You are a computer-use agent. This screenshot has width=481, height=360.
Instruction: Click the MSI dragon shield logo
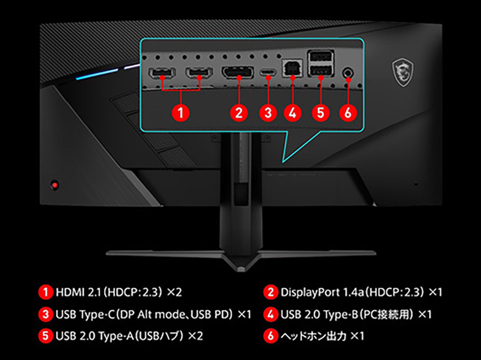[x=403, y=72]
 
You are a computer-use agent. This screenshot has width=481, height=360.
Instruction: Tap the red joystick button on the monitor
[x=55, y=185]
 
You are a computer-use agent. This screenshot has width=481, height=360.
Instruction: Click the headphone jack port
[x=348, y=73]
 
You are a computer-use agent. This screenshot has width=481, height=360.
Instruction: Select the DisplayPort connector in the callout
[x=237, y=72]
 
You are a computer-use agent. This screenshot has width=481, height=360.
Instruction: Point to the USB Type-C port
[x=268, y=73]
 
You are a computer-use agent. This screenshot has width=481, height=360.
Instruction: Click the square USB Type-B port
[x=292, y=69]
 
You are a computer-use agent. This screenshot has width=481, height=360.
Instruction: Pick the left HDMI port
[x=162, y=73]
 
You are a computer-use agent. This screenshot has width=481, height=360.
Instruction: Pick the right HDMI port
[x=199, y=73]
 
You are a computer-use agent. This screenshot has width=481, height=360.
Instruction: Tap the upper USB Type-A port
[x=320, y=56]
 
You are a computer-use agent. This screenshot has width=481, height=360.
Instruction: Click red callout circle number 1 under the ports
[x=180, y=112]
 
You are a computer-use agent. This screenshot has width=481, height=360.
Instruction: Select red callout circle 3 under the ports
[x=268, y=112]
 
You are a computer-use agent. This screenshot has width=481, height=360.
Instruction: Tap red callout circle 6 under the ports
[x=348, y=112]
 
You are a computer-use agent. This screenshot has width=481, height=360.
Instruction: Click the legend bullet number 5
[x=46, y=335]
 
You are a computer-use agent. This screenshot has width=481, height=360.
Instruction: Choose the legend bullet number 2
[x=271, y=292]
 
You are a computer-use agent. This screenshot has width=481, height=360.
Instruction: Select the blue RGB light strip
[x=97, y=74]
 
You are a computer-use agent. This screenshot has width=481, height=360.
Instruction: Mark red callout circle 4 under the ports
[x=292, y=112]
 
